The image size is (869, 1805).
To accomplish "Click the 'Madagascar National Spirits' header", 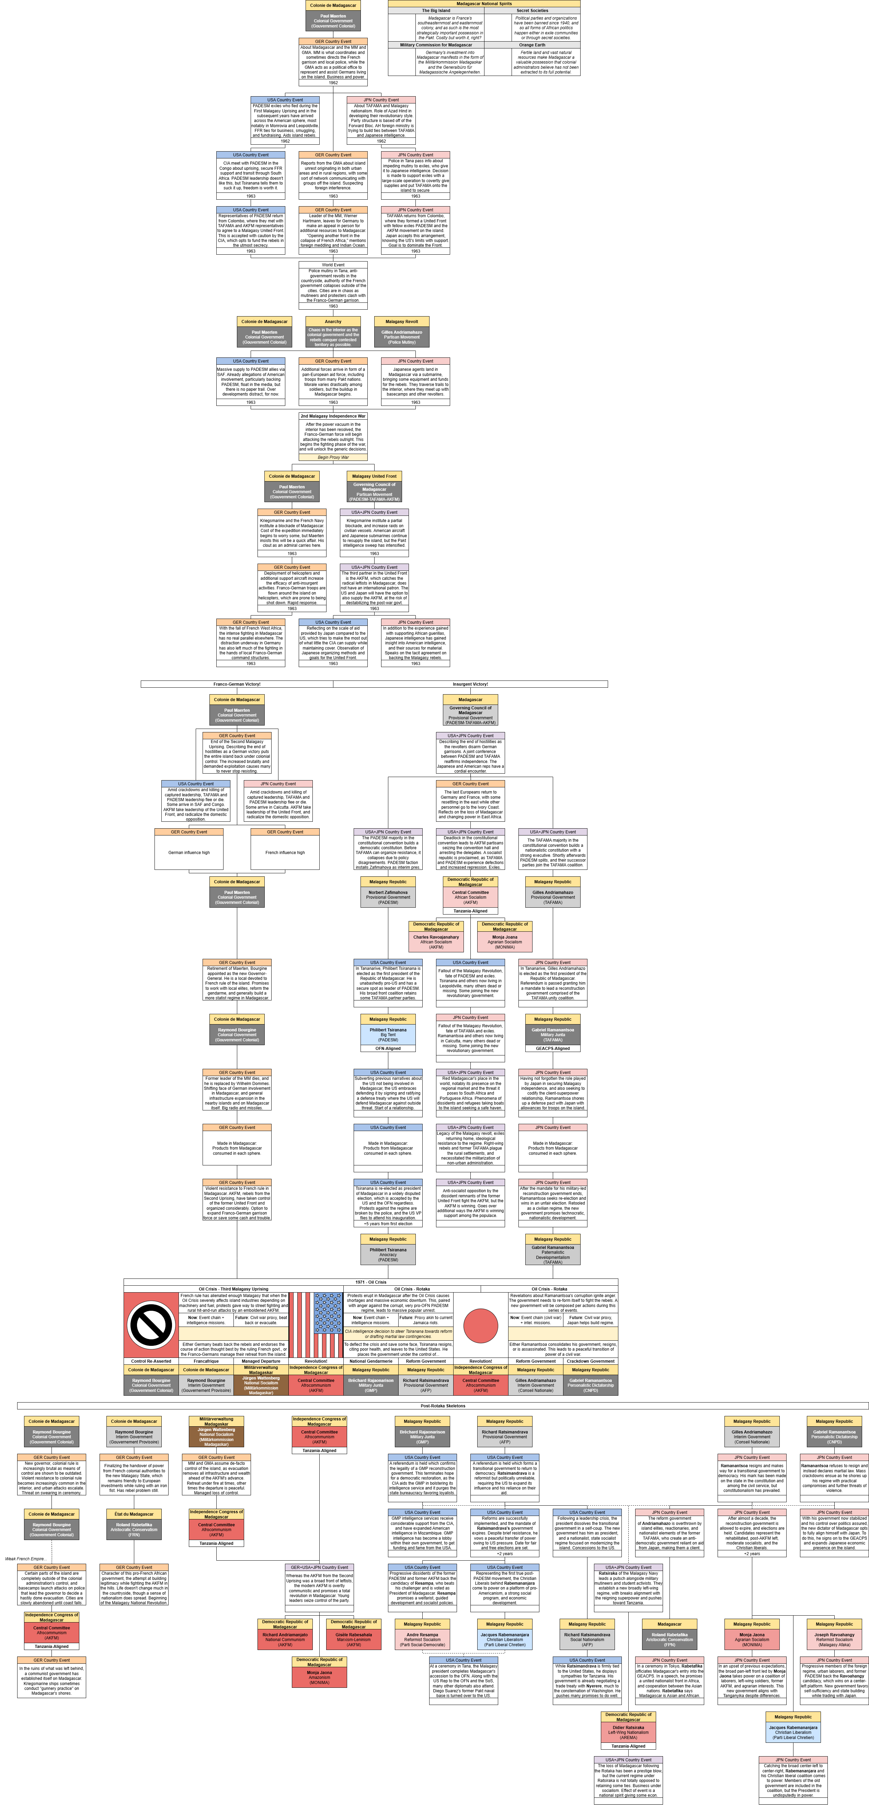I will (x=484, y=3).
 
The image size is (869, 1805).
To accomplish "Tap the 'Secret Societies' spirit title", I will (x=532, y=11).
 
